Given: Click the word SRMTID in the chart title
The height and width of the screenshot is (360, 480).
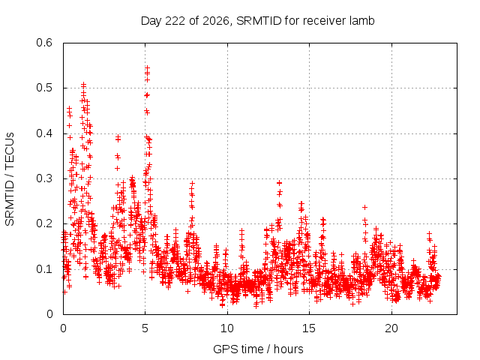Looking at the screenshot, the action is (259, 21).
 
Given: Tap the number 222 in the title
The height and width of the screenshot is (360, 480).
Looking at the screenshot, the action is (175, 21).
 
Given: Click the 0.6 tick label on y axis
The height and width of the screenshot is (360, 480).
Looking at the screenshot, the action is (44, 43).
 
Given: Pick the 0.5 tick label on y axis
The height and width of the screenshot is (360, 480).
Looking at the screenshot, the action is (44, 88).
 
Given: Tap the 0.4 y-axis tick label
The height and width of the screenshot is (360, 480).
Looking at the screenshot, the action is (44, 133).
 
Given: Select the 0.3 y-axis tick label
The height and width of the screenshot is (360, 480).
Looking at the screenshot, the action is (44, 178).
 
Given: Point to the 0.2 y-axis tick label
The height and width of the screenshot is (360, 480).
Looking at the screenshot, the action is (44, 223).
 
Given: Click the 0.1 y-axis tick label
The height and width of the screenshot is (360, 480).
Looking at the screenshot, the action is (44, 269).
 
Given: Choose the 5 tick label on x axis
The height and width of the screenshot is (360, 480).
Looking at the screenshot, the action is (145, 328).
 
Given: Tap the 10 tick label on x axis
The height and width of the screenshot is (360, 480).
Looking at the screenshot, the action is (227, 328).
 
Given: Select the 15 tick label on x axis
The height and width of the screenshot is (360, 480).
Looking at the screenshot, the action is (309, 328).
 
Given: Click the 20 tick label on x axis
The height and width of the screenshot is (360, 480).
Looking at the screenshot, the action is (391, 328).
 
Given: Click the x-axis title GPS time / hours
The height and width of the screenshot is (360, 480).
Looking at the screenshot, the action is (258, 349).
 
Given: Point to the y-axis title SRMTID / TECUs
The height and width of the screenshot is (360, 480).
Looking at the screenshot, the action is (10, 179).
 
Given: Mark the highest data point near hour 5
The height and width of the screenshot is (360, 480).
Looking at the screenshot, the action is (147, 67).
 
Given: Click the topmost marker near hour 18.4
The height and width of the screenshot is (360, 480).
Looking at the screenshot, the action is (364, 207).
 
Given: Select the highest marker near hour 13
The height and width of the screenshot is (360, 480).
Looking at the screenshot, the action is (279, 183).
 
